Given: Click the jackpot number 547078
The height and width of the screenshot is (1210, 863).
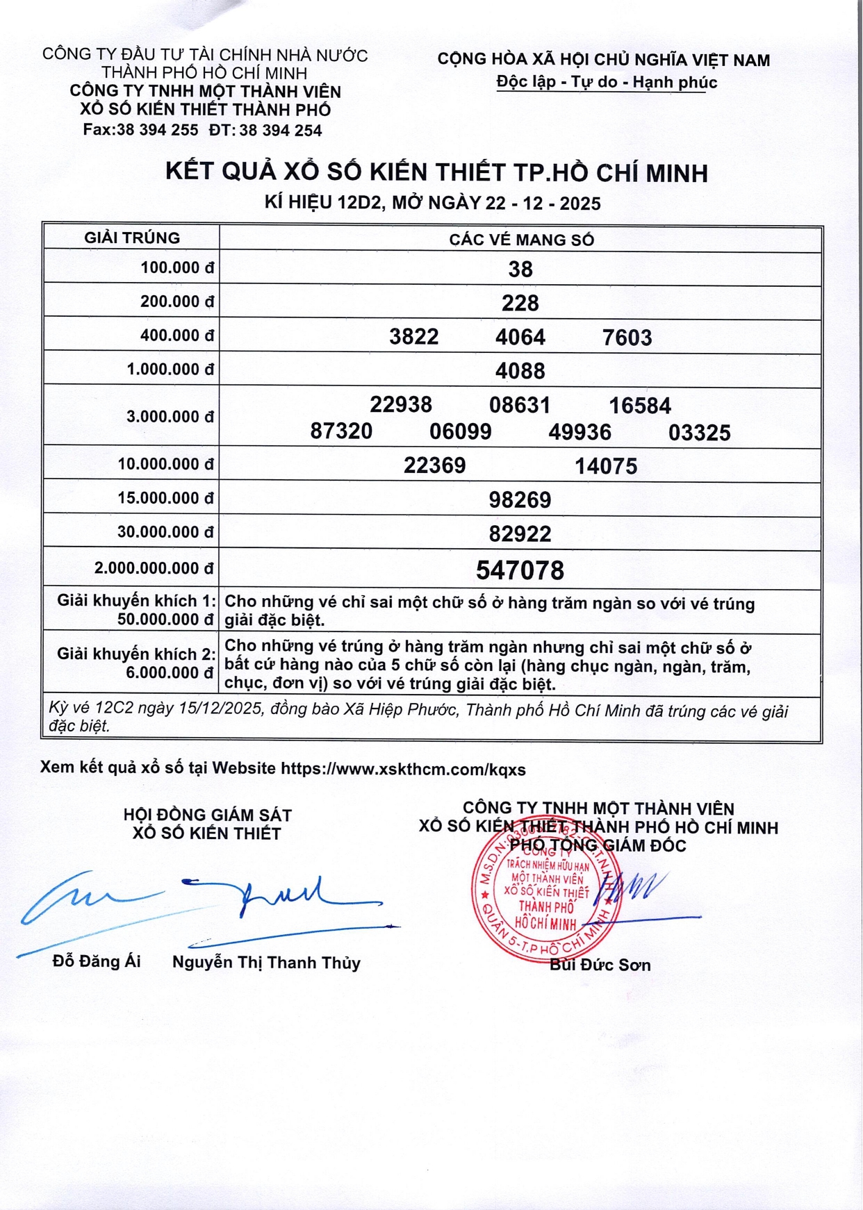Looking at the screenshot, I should [x=520, y=570].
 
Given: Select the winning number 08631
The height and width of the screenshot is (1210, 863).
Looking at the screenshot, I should [x=520, y=405].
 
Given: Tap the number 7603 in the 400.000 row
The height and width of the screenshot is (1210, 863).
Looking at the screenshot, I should [x=627, y=338].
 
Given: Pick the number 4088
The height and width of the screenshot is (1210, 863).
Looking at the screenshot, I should [x=520, y=371].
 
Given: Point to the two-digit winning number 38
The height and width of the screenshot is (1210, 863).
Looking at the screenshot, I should [x=520, y=269].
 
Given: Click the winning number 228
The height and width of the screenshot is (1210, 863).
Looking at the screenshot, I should [x=520, y=303].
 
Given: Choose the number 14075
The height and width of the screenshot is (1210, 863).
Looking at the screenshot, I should [x=605, y=465].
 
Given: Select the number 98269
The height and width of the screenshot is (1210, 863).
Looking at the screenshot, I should [x=520, y=499].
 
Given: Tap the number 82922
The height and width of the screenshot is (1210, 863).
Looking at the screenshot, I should [x=520, y=533].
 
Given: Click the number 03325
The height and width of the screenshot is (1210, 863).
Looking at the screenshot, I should [x=699, y=433].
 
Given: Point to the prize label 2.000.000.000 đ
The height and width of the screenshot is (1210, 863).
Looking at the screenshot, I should [x=154, y=568].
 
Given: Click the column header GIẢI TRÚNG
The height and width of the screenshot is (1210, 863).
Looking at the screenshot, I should [x=132, y=238].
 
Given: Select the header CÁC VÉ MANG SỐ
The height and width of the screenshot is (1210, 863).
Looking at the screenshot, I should [x=521, y=240].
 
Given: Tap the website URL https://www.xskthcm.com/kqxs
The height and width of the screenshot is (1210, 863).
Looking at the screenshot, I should [x=403, y=769].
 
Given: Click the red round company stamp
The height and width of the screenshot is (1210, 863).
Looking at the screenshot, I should [x=544, y=894].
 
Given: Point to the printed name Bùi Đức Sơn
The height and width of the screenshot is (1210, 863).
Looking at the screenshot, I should [x=600, y=965].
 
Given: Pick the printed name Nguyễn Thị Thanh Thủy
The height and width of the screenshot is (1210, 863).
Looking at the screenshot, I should [x=266, y=963].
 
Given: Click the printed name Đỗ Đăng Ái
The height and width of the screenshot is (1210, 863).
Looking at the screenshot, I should [x=97, y=961].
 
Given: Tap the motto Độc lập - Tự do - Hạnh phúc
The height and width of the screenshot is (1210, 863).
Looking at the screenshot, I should [x=606, y=82].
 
